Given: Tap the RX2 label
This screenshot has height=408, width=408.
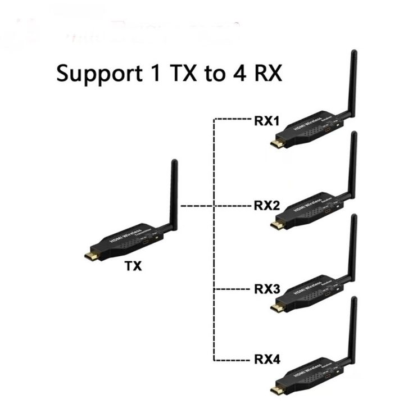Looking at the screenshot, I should tap(267, 205).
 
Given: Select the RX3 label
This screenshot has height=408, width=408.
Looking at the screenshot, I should tap(267, 290).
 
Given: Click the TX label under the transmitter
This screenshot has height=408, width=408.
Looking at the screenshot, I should tap(133, 266).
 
